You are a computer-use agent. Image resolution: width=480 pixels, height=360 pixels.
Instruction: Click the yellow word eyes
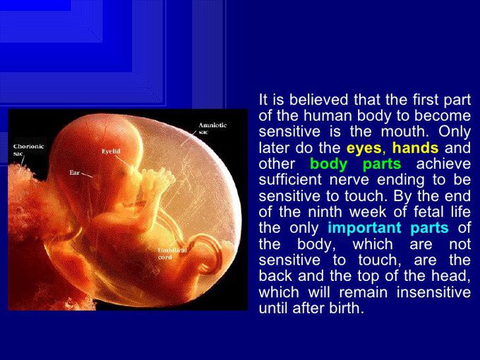pyautogui.click(x=364, y=148)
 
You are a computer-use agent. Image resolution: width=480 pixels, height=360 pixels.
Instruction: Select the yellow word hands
pyautogui.click(x=415, y=148)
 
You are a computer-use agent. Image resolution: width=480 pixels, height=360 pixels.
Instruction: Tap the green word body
pyautogui.click(x=329, y=164)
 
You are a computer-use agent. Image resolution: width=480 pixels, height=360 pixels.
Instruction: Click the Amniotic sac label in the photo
pyautogui.click(x=212, y=128)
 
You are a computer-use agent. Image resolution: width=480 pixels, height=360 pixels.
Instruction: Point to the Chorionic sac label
pyautogui.click(x=28, y=150)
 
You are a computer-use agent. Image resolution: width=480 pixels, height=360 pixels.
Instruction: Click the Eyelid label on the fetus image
pyautogui.click(x=111, y=152)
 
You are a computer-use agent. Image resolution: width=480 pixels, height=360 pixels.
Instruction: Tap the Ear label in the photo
pyautogui.click(x=74, y=173)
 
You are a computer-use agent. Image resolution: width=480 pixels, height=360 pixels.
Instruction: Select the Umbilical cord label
pyautogui.click(x=172, y=254)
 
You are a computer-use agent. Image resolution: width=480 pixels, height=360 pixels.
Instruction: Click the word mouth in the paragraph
pyautogui.click(x=403, y=132)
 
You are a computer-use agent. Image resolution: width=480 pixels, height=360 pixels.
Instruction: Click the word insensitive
pyautogui.click(x=433, y=292)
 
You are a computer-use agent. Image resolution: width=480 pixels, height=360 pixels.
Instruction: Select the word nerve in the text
pyautogui.click(x=349, y=180)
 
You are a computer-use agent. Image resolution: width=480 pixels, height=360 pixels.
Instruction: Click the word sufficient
pyautogui.click(x=290, y=180)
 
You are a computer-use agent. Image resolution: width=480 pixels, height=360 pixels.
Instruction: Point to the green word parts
pyautogui.click(x=382, y=164)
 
